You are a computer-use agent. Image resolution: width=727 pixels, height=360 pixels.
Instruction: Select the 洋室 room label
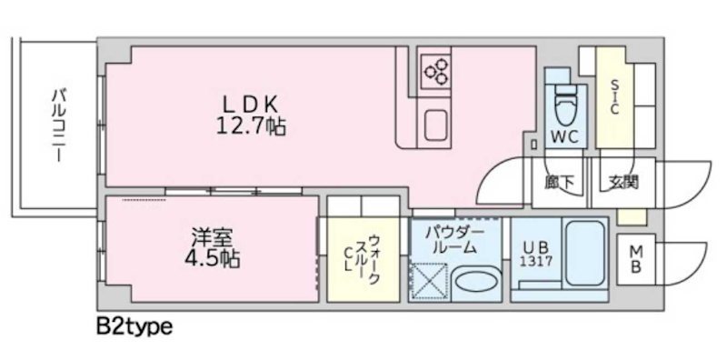pyautogui.click(x=207, y=237)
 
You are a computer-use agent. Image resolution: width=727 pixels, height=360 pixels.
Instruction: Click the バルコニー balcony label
pyautogui.click(x=57, y=123)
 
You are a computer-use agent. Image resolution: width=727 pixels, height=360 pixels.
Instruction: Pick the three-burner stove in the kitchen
pyautogui.click(x=435, y=71)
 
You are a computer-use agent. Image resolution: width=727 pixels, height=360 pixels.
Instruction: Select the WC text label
pyautogui.click(x=565, y=138)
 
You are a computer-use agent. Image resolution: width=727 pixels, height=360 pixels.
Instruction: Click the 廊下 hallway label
pyautogui.click(x=560, y=182)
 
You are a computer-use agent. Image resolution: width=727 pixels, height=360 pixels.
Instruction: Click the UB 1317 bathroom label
pyautogui.click(x=536, y=251)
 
